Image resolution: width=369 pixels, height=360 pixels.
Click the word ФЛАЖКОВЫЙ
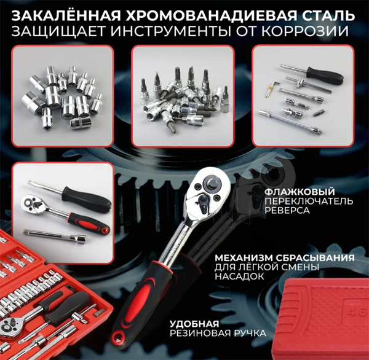coord(300,191)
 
